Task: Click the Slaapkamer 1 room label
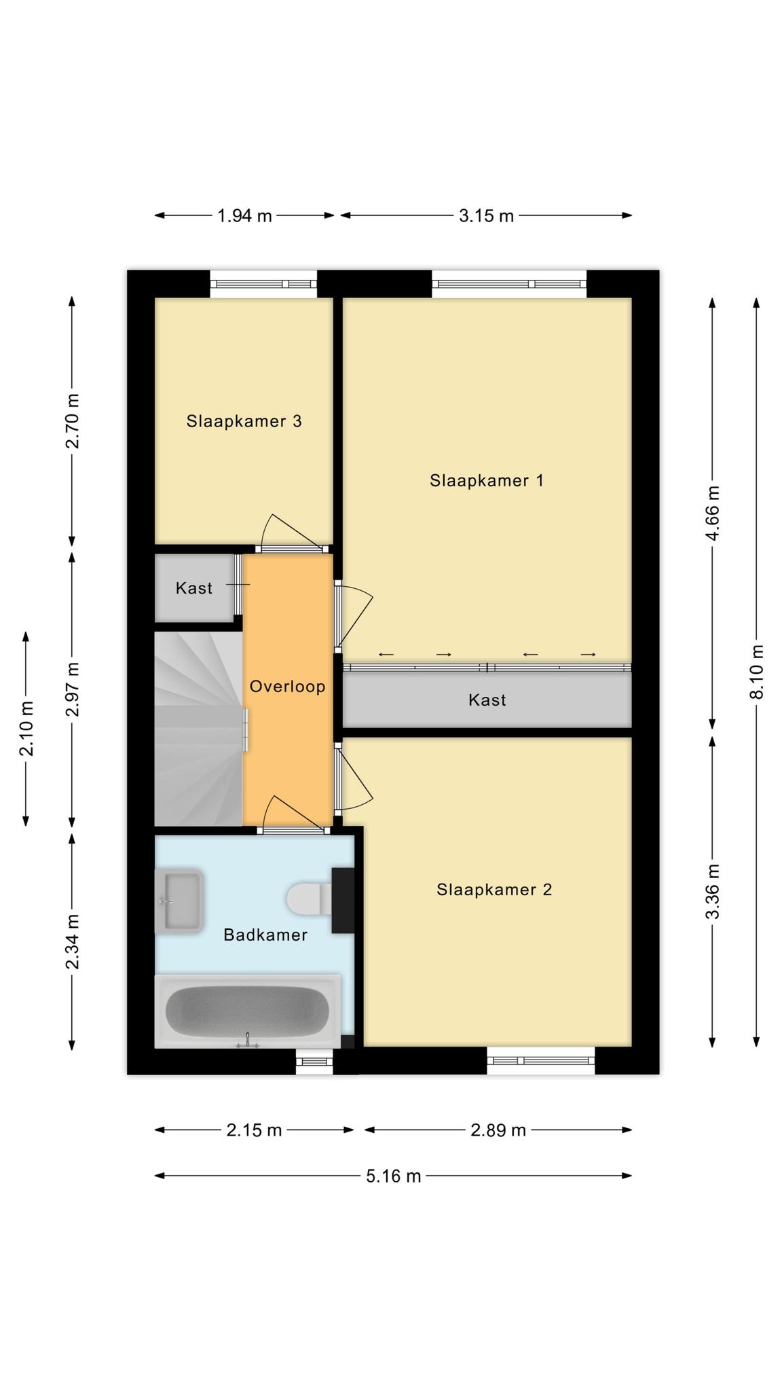[486, 481]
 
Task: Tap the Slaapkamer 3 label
[244, 421]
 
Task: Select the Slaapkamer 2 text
[494, 890]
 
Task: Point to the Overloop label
[287, 687]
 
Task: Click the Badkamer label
[265, 935]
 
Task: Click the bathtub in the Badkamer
[248, 1011]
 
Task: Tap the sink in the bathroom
[179, 901]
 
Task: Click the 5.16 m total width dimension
[394, 1176]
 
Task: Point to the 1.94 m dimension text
[244, 216]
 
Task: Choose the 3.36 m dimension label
[713, 892]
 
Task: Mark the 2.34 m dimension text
[73, 942]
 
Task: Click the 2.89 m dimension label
[498, 1130]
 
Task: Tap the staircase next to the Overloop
[198, 729]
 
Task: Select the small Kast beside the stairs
[194, 588]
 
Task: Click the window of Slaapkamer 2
[541, 1060]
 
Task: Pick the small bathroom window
[314, 1062]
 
